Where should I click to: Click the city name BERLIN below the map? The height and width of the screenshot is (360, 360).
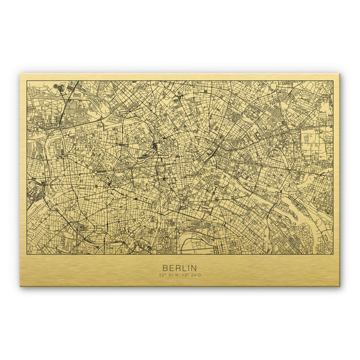(x=179, y=267)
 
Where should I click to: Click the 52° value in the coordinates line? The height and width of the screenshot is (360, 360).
(x=162, y=274)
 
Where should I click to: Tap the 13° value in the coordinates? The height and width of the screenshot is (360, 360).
(x=184, y=274)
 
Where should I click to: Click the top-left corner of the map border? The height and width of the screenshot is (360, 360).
(x=27, y=81)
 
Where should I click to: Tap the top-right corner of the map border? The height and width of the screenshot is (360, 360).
(x=333, y=81)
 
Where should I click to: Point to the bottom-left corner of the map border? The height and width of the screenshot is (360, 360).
(x=27, y=250)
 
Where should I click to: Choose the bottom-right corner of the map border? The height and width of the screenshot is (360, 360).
(x=333, y=250)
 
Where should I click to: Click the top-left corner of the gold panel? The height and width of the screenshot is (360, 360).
(x=20, y=74)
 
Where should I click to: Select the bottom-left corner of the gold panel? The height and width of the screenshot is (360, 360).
(x=20, y=286)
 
